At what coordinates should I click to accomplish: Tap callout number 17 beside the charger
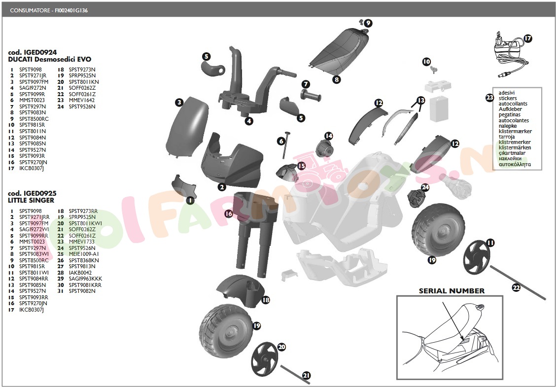[528, 38]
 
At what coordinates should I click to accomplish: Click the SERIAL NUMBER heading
[452, 291]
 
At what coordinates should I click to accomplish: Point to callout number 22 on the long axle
[516, 288]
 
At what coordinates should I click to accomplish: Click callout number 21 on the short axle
[307, 376]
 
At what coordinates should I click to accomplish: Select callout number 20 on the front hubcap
[281, 347]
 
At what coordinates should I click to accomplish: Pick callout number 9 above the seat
[368, 23]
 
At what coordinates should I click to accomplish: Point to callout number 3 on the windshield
[179, 103]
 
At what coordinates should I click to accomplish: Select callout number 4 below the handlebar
[249, 121]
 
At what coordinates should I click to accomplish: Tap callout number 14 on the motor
[328, 136]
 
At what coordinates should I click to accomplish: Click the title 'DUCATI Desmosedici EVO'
[49, 59]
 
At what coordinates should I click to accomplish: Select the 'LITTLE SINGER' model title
[31, 200]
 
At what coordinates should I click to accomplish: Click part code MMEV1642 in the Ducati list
[82, 100]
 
